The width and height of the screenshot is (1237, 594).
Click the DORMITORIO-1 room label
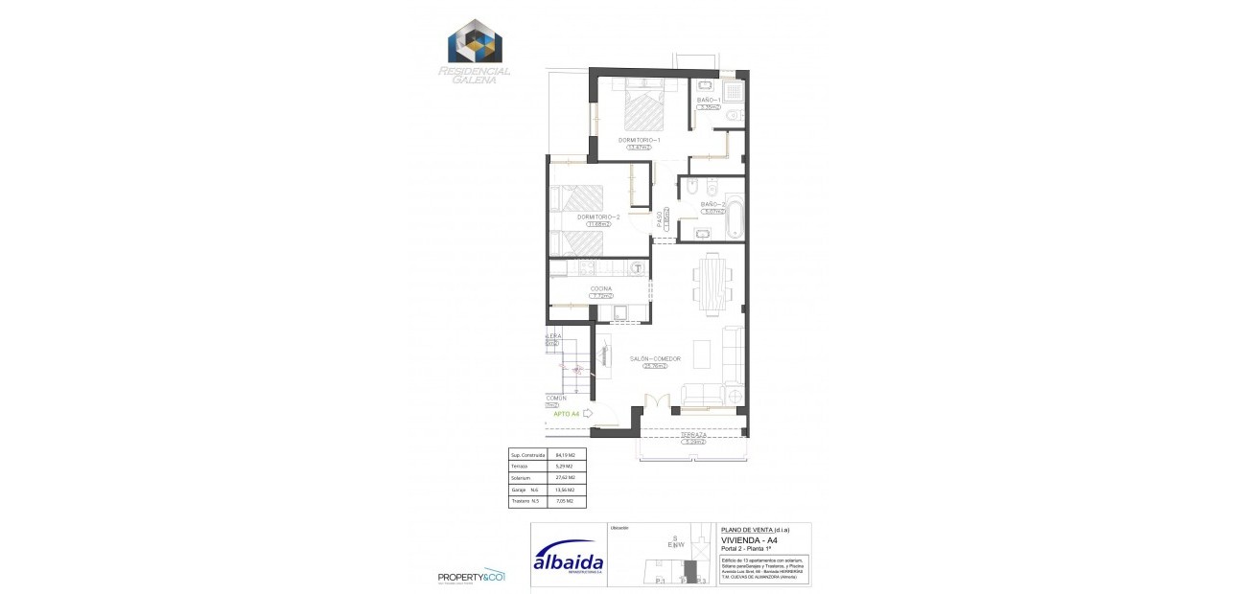[x=639, y=140]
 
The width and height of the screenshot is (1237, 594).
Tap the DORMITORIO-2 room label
[x=598, y=217]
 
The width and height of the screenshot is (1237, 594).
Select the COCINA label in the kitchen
[x=601, y=288]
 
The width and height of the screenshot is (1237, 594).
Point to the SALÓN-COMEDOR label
[x=655, y=358]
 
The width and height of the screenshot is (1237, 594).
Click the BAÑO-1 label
[x=709, y=100]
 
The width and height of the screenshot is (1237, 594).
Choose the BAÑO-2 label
[x=711, y=204]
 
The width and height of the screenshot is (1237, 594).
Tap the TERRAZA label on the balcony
[x=693, y=435]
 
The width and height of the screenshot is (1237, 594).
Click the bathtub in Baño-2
[x=735, y=217]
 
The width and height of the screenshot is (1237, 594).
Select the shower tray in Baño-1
[x=734, y=92]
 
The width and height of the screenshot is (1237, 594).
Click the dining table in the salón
[x=712, y=284]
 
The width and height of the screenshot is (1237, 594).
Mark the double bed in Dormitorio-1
[x=642, y=105]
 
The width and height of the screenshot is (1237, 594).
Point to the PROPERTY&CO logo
[x=470, y=576]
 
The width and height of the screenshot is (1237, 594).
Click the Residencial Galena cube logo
[x=476, y=40]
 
